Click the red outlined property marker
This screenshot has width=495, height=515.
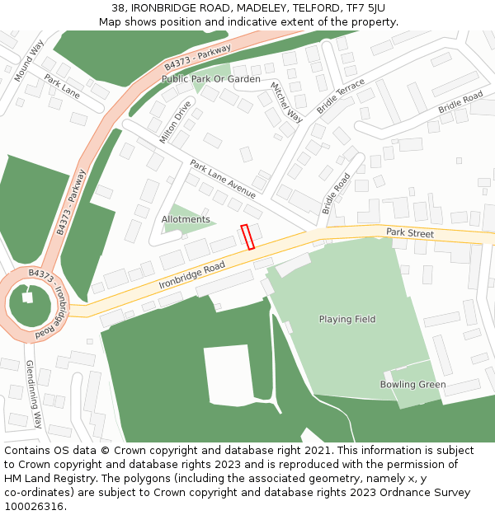point(247,236)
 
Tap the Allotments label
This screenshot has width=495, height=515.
point(186,220)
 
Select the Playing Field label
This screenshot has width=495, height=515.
point(346,319)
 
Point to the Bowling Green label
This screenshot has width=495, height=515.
point(412,385)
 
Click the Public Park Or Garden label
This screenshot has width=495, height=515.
point(210,79)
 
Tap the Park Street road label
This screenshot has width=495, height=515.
point(409,234)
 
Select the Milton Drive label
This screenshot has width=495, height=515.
point(175,123)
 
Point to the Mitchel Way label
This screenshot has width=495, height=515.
point(286,103)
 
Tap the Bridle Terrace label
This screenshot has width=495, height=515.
point(340,97)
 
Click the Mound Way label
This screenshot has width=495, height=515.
point(29,61)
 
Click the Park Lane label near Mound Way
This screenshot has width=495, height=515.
point(62,87)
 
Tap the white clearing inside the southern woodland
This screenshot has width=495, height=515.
point(227,375)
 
